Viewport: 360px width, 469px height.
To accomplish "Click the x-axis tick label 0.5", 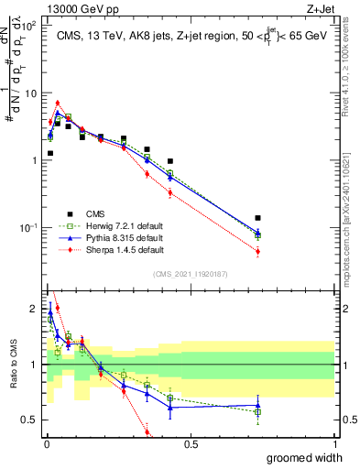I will [191, 442].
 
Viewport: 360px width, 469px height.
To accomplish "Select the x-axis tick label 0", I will [46, 442].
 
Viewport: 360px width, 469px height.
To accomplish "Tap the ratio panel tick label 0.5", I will [29, 420].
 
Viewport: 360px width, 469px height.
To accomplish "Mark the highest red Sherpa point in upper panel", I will [58, 104].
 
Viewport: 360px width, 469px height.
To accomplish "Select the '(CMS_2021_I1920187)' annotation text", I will [191, 272].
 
